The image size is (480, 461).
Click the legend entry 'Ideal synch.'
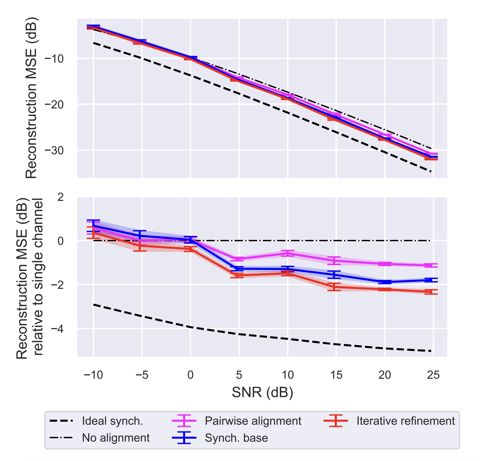point(112,421)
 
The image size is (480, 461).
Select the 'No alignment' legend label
point(116,438)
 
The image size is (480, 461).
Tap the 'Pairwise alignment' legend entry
point(253,421)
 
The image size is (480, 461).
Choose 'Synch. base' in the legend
point(236,438)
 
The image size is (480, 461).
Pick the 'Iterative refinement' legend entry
point(406,421)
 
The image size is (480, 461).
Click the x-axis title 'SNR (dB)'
point(262,392)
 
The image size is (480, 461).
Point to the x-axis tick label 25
point(433,375)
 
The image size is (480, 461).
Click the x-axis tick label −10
point(93,375)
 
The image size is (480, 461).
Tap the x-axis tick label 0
point(190,375)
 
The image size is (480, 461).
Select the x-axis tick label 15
point(336,375)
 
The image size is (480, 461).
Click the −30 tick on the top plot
point(53,150)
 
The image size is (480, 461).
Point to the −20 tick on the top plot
point(53,104)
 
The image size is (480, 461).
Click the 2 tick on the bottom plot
point(61,197)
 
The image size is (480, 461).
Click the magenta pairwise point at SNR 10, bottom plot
point(288,253)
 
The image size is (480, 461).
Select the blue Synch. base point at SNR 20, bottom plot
point(385,282)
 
